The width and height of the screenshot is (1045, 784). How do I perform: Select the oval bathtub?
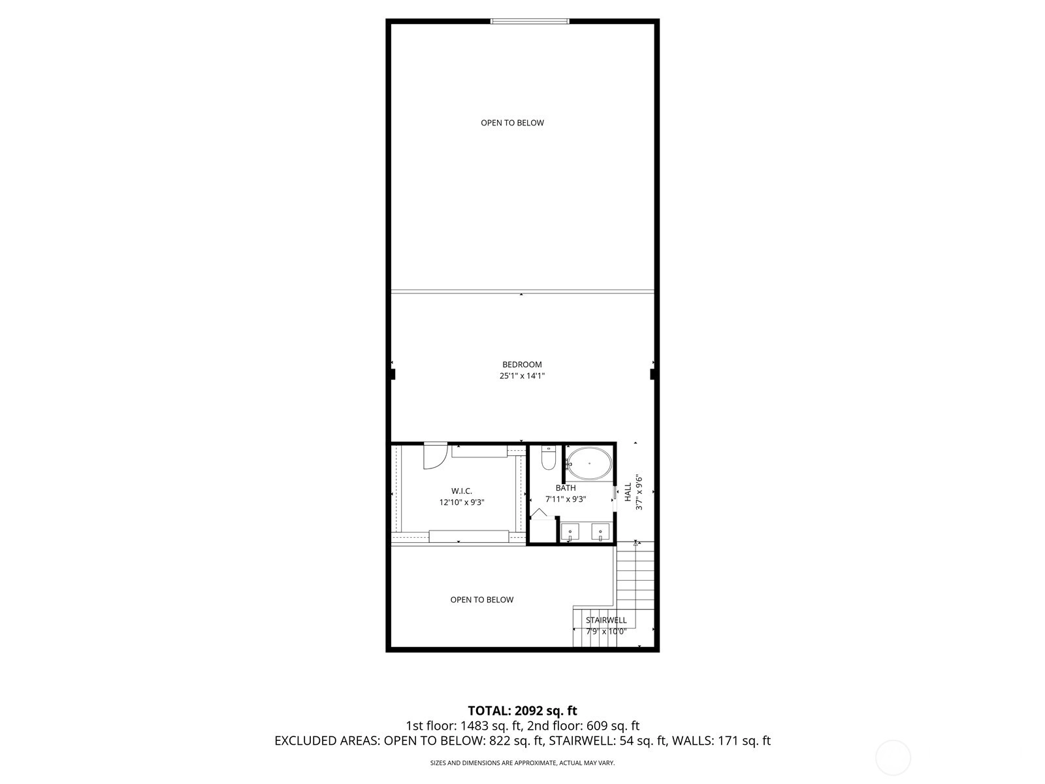click(589, 463)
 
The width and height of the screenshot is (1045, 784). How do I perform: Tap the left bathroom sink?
click(570, 532)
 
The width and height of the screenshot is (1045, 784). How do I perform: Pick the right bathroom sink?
click(600, 532)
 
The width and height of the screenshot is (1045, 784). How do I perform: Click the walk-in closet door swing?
click(435, 455)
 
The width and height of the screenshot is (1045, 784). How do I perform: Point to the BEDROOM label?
click(522, 365)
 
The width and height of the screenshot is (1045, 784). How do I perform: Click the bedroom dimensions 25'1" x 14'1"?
click(522, 376)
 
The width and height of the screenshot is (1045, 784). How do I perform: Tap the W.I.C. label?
click(462, 491)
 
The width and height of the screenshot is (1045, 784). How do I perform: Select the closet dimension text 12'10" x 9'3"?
click(462, 502)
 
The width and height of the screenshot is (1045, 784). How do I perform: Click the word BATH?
click(566, 488)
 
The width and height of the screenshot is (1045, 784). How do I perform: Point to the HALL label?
click(628, 492)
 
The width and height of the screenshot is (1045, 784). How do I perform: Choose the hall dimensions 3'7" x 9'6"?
click(639, 492)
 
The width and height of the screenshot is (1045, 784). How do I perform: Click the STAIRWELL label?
click(606, 620)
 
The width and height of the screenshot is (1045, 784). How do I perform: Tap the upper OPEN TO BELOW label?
click(512, 123)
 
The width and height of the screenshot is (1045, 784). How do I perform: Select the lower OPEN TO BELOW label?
click(482, 600)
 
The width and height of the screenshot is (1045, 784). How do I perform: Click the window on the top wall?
click(530, 21)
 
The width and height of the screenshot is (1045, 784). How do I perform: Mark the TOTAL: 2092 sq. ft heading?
click(522, 711)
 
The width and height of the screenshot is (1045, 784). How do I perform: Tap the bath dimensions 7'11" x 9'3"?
click(566, 499)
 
